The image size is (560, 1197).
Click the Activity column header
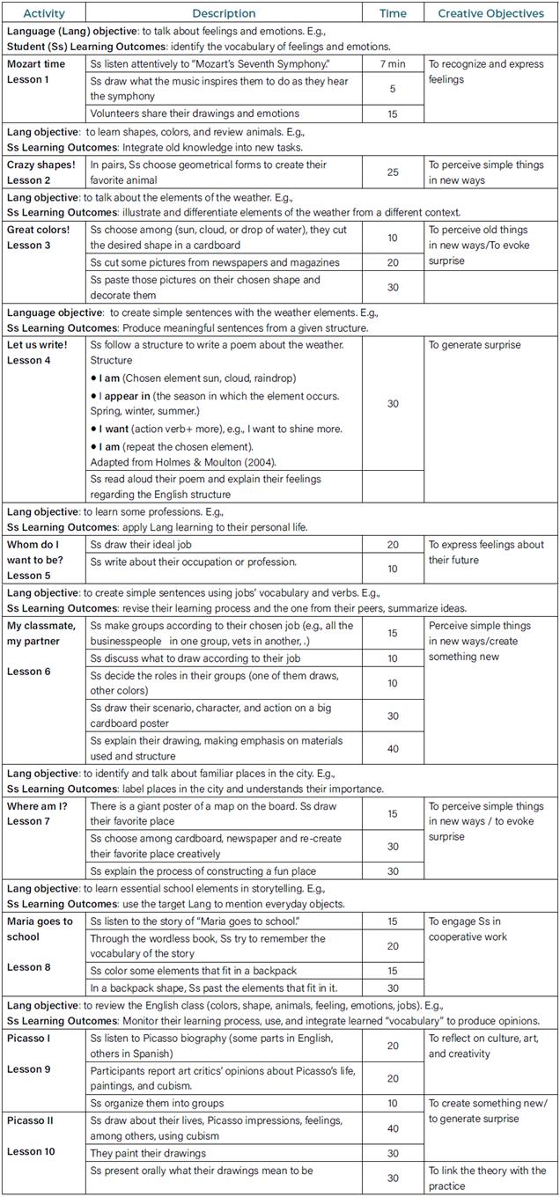44,13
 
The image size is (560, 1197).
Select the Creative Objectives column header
491,13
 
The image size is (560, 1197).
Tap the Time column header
393,13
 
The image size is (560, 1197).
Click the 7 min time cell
393,64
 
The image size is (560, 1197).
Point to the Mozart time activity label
36,64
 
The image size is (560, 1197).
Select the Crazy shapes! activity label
41,165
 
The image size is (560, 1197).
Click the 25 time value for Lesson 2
393,173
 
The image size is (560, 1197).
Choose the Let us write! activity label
37,345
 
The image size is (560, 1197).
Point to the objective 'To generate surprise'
475,345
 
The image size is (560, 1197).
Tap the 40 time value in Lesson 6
393,748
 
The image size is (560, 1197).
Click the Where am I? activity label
37,806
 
